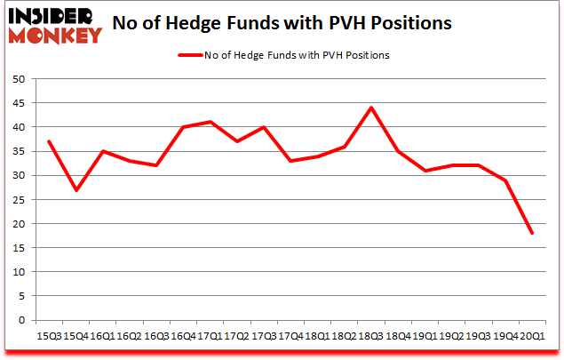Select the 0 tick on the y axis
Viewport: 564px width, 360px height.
point(22,319)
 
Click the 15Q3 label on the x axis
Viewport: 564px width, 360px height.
point(48,336)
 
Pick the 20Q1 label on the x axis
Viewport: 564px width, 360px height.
point(531,336)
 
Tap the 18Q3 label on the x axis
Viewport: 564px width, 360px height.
point(370,336)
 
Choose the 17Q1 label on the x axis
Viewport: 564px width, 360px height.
point(210,336)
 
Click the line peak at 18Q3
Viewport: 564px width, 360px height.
point(370,108)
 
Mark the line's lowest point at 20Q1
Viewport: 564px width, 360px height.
point(531,233)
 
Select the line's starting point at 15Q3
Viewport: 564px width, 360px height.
point(48,141)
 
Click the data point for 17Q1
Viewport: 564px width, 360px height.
point(210,122)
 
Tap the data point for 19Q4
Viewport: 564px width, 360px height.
point(504,180)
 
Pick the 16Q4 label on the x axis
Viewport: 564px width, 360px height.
point(182,336)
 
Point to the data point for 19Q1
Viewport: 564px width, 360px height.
point(425,171)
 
